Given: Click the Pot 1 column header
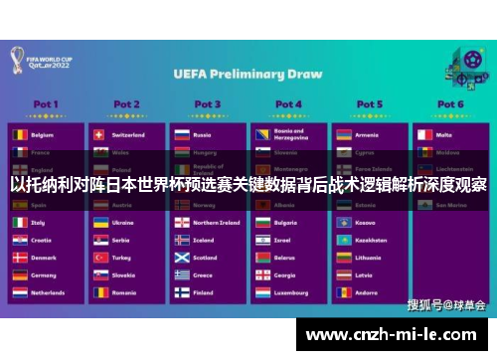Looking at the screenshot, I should (45, 103).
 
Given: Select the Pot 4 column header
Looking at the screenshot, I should (289, 103).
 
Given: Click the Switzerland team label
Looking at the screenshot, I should (128, 134).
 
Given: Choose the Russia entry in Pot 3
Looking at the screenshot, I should (203, 134).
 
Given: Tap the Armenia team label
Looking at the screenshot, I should (368, 134).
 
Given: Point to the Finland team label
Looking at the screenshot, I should (204, 293).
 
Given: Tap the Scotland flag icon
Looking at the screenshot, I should (181, 258).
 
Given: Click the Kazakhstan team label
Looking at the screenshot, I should (371, 240).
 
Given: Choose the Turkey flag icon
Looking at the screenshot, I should (99, 258).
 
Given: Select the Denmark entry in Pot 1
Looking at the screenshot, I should (44, 258).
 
